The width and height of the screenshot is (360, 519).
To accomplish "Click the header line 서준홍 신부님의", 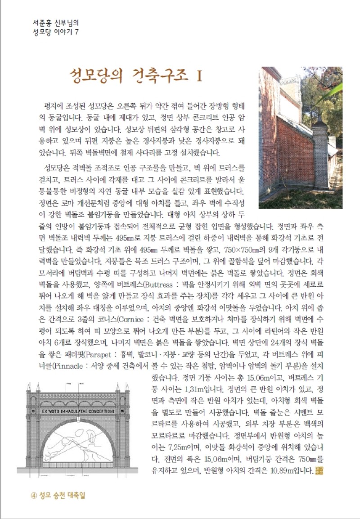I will tap(53, 21).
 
